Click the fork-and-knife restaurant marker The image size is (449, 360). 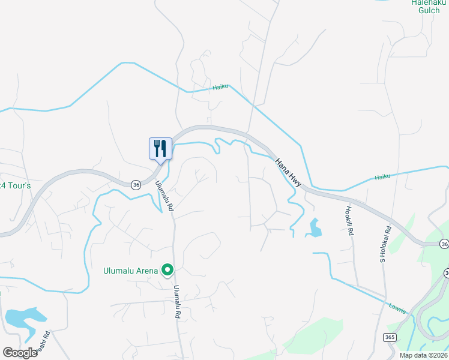tap(160, 148)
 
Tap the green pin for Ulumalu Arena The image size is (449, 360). tap(169, 271)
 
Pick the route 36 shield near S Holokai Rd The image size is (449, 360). tap(443, 244)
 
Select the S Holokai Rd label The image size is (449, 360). tap(385, 244)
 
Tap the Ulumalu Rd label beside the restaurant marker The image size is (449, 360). tap(164, 196)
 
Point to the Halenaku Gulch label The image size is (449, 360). tap(425, 6)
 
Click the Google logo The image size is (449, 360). tap(20, 352)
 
